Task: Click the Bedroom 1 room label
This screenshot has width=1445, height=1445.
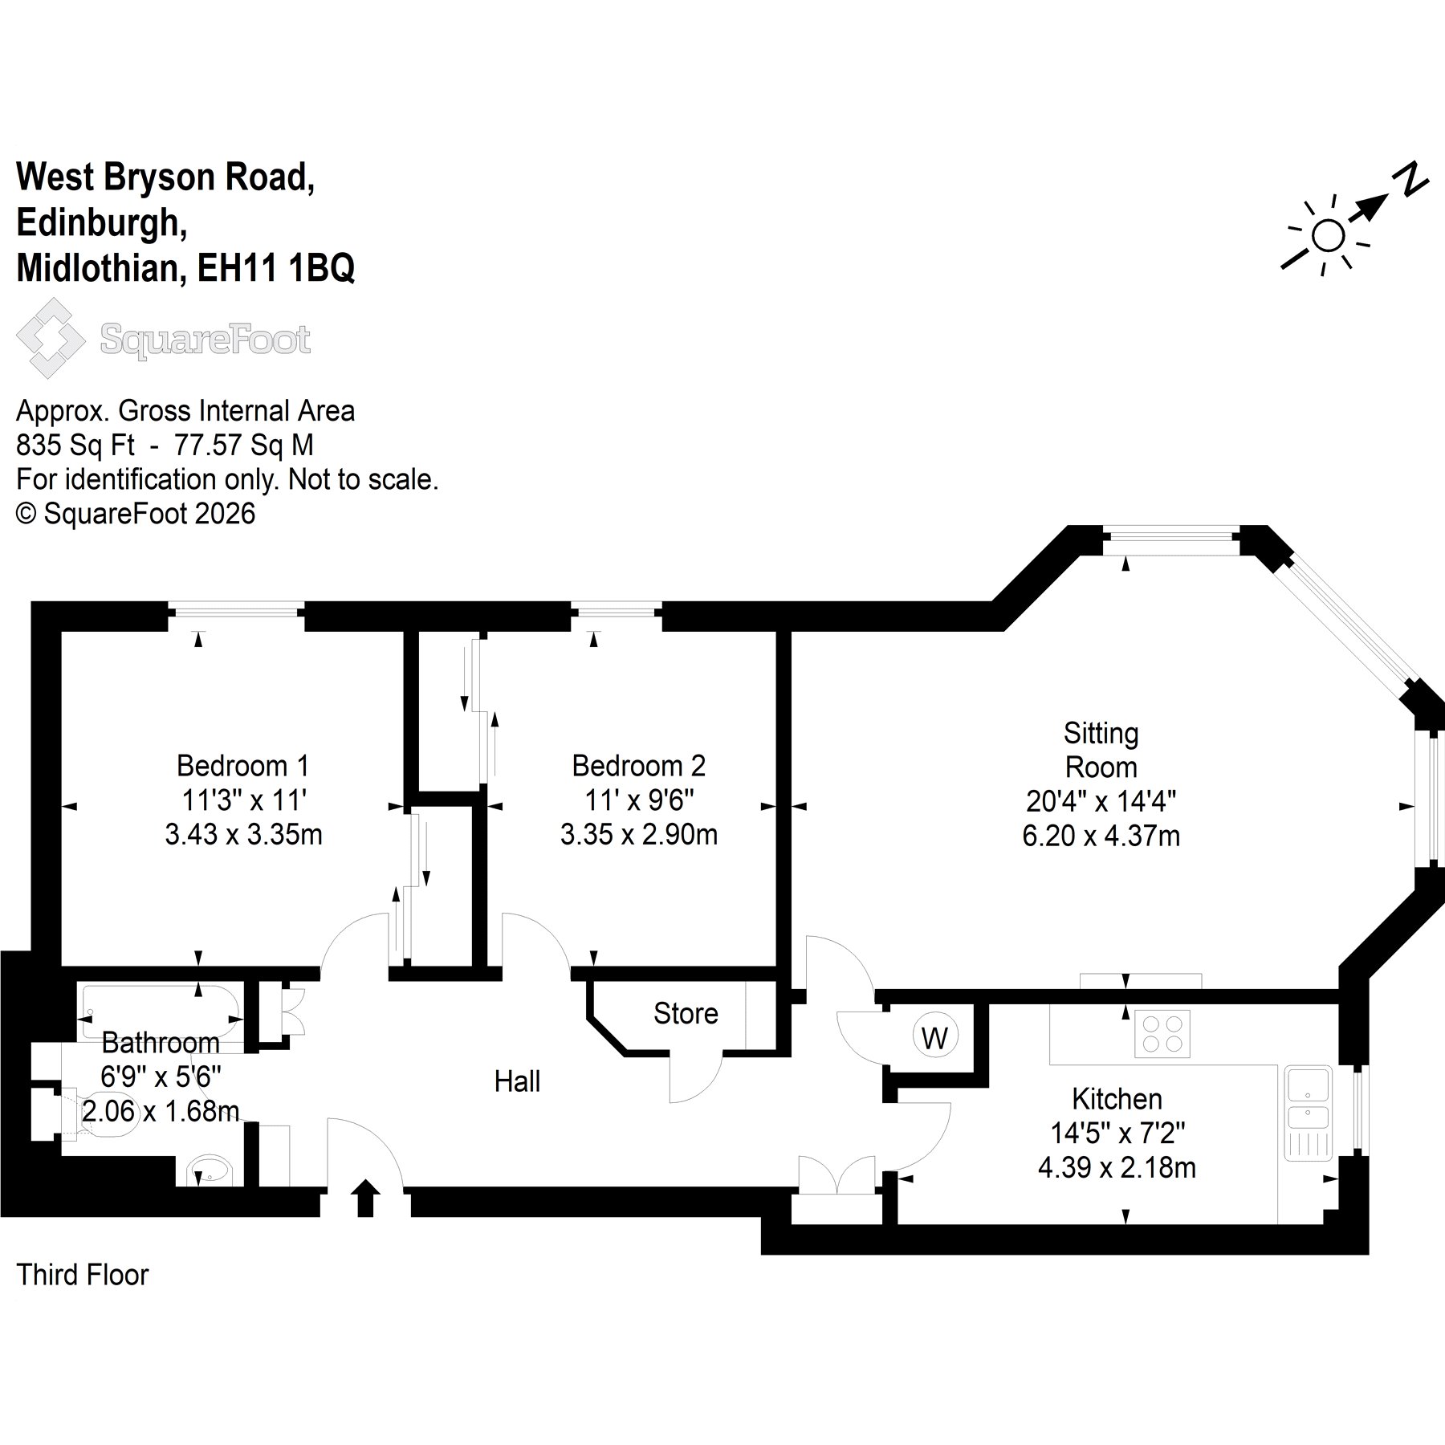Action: click(242, 766)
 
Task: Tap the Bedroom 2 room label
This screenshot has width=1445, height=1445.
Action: click(639, 766)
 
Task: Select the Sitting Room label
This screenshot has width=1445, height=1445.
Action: click(1101, 750)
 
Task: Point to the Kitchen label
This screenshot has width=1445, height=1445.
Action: click(1117, 1098)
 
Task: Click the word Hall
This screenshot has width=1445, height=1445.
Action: click(517, 1081)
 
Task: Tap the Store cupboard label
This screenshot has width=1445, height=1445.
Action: click(686, 1013)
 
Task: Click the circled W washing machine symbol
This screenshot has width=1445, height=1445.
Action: click(934, 1038)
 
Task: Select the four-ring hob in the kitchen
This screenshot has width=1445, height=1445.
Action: click(1162, 1033)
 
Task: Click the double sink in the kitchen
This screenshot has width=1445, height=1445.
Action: click(1308, 1113)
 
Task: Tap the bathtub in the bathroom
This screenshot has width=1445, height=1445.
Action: click(161, 1013)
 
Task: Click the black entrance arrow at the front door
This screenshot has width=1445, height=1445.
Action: click(365, 1198)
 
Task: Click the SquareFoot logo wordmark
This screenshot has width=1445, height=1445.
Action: click(205, 340)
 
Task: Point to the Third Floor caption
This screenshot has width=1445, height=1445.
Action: click(83, 1275)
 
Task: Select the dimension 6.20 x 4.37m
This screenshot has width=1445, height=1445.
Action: click(1101, 836)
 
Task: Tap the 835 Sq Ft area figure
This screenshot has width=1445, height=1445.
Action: click(75, 445)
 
